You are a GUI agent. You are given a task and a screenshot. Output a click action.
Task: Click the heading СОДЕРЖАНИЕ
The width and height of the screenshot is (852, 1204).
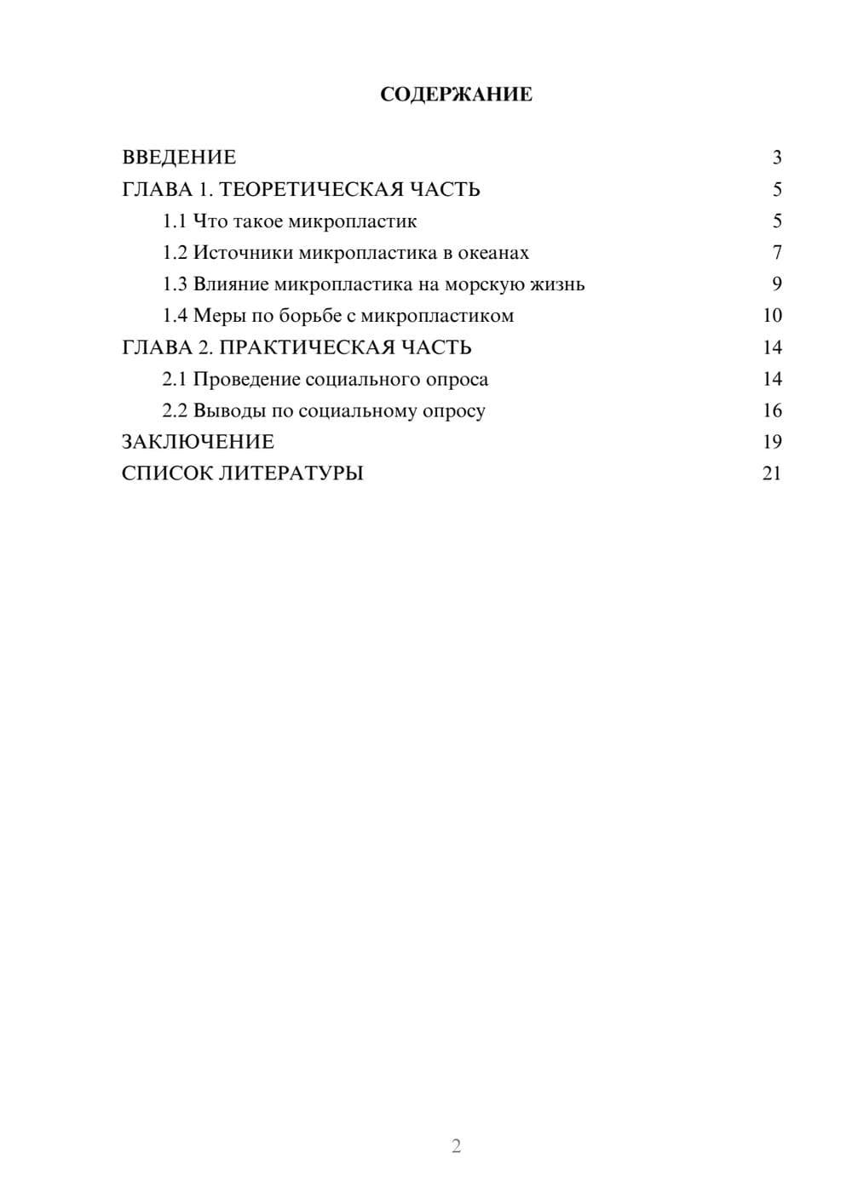(x=456, y=95)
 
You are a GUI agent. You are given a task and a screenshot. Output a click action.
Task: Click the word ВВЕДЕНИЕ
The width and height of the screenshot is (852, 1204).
(x=179, y=158)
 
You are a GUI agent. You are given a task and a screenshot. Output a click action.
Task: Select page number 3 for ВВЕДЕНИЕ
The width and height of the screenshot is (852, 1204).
(x=776, y=158)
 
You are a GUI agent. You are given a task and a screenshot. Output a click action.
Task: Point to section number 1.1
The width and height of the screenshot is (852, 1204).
(x=175, y=221)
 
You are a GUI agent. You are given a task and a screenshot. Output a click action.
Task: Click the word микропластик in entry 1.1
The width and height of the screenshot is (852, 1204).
(x=353, y=221)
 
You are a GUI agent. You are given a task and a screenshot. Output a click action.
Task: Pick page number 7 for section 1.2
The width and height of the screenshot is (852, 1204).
(x=776, y=253)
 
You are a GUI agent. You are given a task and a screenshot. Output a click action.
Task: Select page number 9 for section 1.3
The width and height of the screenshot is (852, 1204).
(x=776, y=284)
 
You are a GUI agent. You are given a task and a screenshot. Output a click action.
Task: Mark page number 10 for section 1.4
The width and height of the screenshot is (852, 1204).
(x=772, y=316)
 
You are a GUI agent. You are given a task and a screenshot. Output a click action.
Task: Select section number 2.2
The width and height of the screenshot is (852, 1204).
(x=175, y=410)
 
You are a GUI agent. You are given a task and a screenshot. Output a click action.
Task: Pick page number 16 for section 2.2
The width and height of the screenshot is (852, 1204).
(x=772, y=410)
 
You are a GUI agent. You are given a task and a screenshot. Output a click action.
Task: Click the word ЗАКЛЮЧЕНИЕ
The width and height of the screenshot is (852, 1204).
(x=198, y=442)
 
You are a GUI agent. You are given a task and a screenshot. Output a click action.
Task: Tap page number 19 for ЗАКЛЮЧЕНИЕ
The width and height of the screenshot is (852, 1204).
(x=772, y=442)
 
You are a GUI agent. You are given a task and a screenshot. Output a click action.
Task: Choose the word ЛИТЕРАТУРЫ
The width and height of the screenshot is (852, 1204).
(x=291, y=473)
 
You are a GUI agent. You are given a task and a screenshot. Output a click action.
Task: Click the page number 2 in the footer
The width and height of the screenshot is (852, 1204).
(x=456, y=1146)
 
